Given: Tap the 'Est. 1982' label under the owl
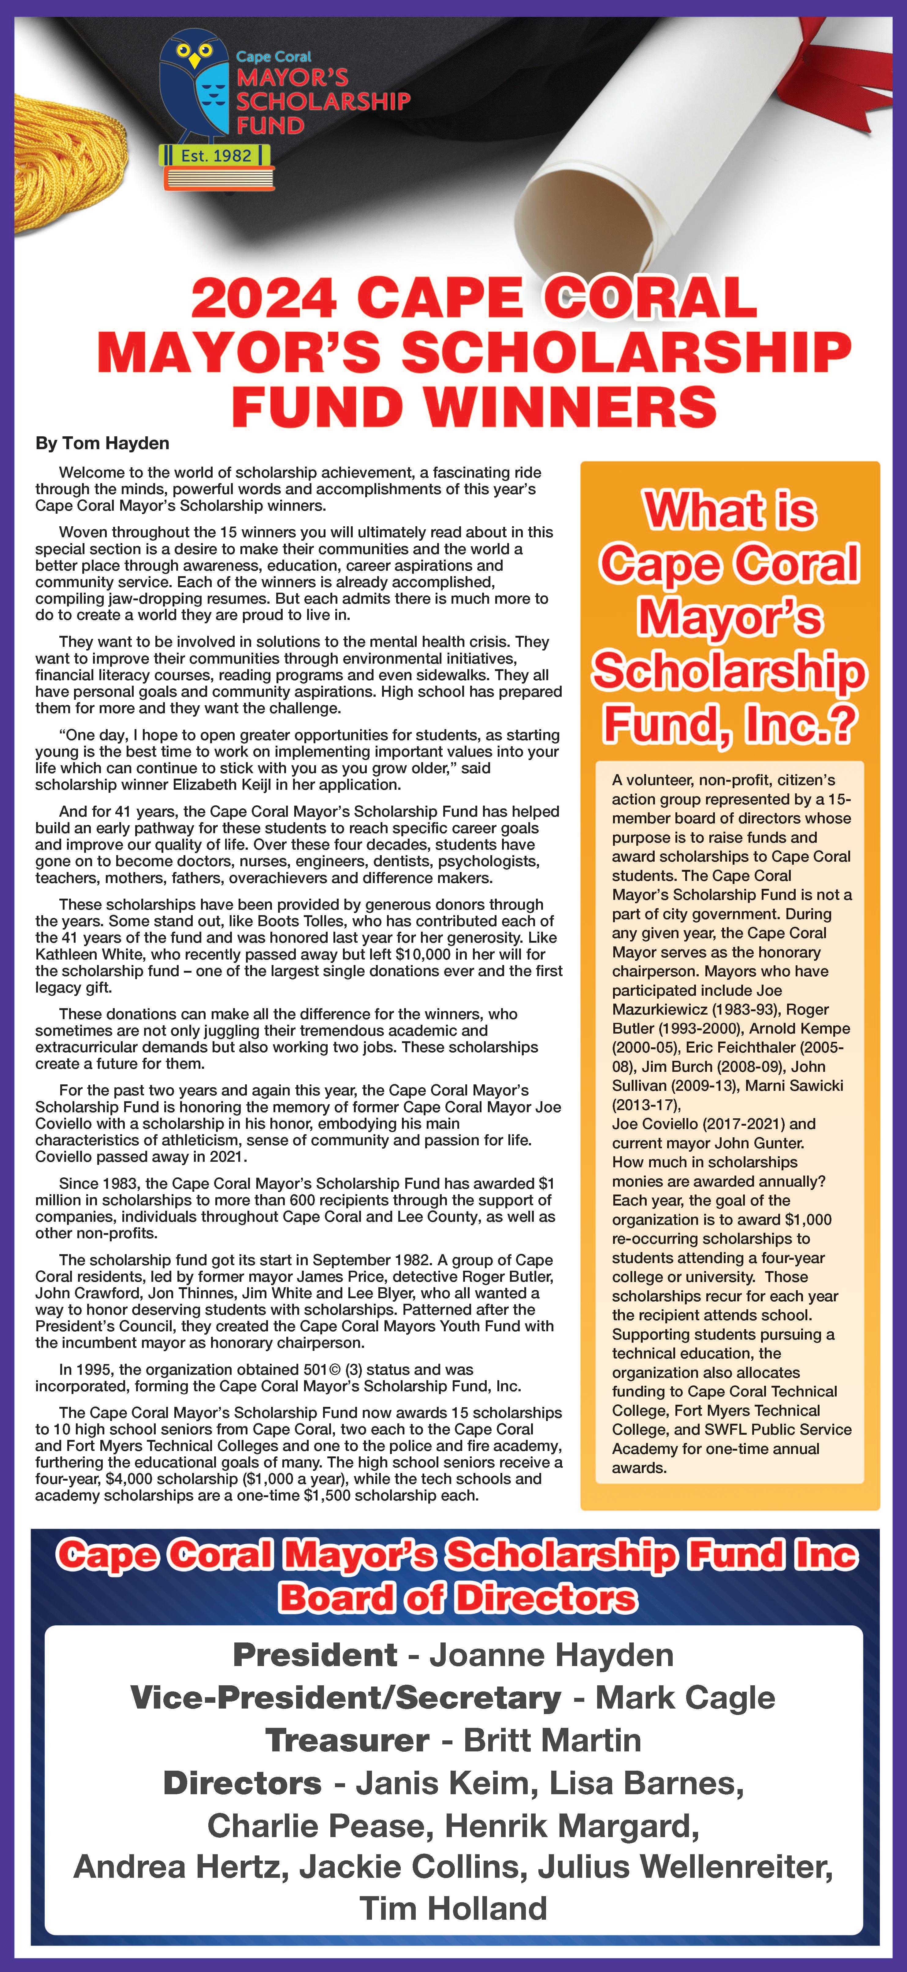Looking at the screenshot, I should [x=216, y=155].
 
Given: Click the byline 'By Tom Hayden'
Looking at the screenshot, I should [x=102, y=443].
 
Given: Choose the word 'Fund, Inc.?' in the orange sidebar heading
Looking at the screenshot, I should [x=729, y=724].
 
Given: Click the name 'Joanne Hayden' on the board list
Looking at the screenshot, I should [x=551, y=1655].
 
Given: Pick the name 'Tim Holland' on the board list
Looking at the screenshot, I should [x=453, y=1908].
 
